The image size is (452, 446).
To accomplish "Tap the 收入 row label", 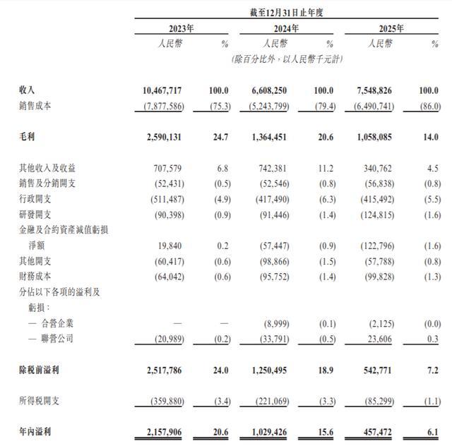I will tap(28, 91).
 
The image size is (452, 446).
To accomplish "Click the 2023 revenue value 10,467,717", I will tap(163, 91).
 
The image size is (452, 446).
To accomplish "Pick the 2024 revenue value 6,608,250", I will tap(267, 91).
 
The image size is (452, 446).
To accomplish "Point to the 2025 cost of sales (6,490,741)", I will tap(371, 106).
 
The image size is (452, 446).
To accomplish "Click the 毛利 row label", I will tap(28, 138).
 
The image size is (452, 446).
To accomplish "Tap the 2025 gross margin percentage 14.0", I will tap(430, 138).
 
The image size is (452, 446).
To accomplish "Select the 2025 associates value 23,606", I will tap(378, 338).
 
